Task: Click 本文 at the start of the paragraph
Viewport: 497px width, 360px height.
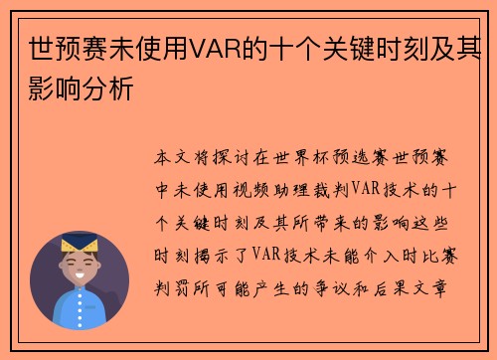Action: coord(170,158)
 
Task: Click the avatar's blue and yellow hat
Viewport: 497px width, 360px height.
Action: coord(80,243)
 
